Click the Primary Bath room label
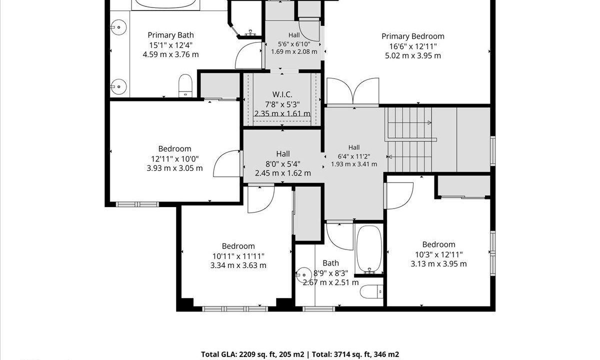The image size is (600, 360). pos(170,35)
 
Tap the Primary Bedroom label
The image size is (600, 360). pos(413,36)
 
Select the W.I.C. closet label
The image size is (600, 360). pos(282,94)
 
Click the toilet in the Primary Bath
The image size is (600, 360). pos(185,85)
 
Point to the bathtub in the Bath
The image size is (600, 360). pos(369,248)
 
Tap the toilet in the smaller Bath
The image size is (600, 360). pos(371,291)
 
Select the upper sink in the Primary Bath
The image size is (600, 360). pos(118,27)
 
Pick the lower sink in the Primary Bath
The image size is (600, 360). pos(118,86)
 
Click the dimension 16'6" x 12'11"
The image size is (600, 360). pos(413,46)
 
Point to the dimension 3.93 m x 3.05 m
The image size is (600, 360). pos(174,168)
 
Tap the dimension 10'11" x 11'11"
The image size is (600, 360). pos(238,256)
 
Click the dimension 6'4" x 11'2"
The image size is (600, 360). pos(354,156)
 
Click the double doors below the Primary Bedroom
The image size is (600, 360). pos(353,92)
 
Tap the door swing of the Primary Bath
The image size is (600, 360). pos(248,55)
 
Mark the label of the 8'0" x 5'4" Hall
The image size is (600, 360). pos(283,154)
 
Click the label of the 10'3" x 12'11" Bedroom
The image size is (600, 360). pos(438,244)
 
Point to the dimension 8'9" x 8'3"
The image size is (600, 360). pos(330,273)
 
